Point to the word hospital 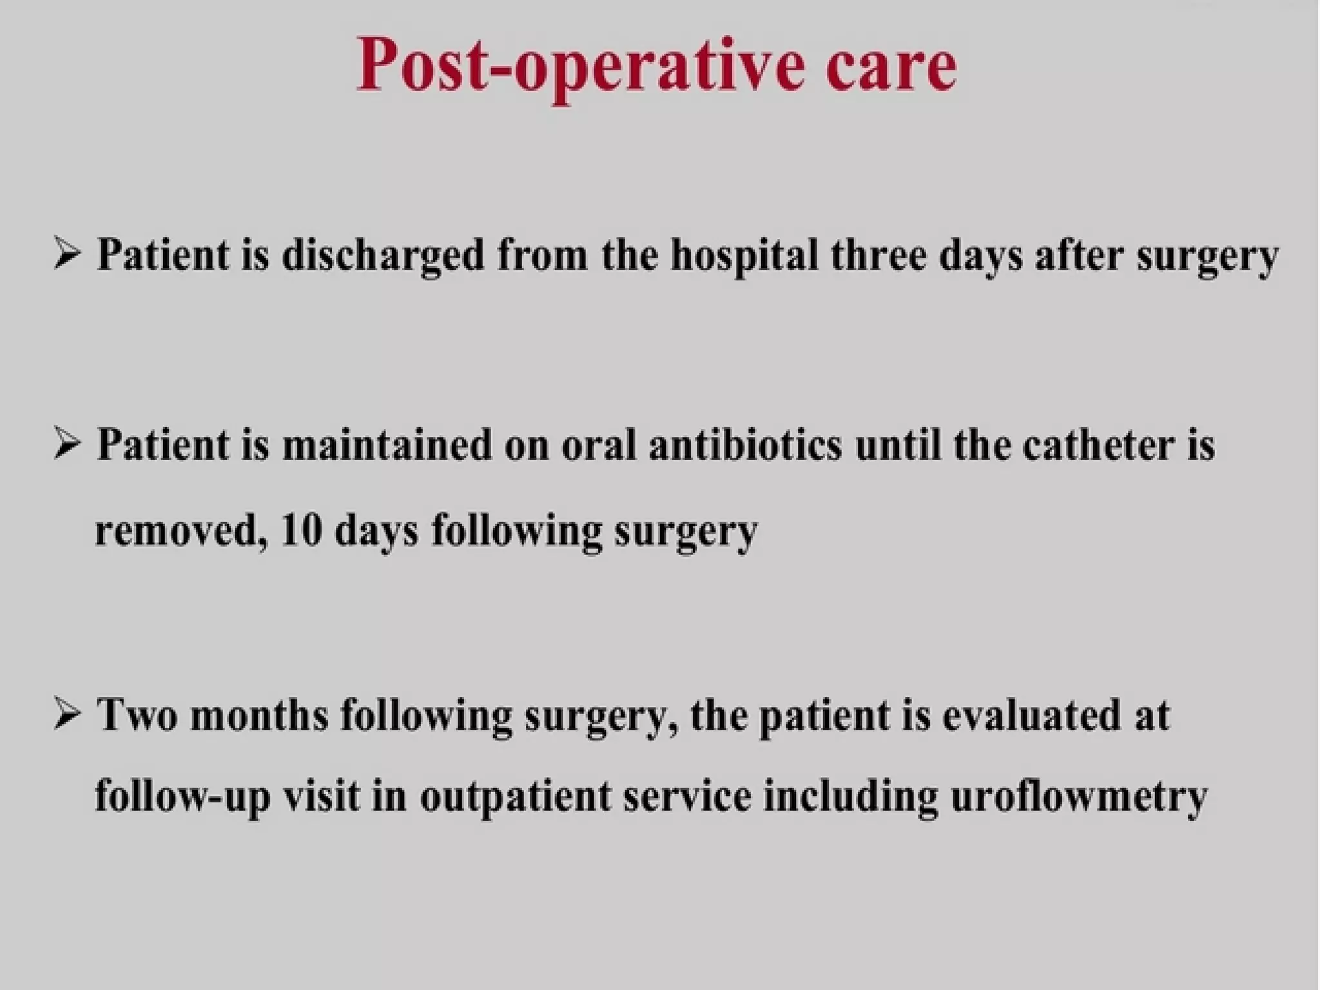tap(744, 256)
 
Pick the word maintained tap(387, 445)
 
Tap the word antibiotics tap(745, 445)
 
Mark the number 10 tap(302, 532)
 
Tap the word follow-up tap(182, 797)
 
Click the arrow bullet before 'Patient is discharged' tap(66, 253)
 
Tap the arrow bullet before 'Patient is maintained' tap(66, 444)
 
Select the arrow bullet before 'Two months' tap(66, 714)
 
